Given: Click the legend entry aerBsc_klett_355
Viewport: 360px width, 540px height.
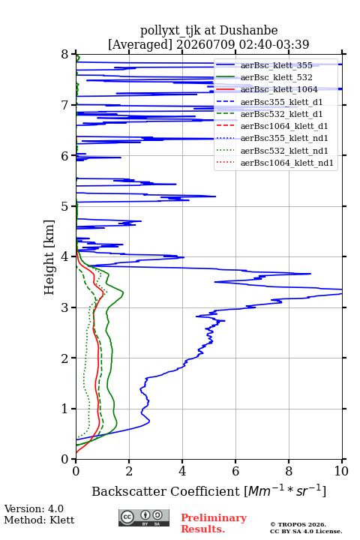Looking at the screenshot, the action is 276,65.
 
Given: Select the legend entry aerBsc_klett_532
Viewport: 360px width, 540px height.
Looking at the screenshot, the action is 276,77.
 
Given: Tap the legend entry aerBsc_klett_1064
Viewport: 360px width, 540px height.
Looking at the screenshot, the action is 279,89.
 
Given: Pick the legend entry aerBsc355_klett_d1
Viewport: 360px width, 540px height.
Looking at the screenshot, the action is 281,102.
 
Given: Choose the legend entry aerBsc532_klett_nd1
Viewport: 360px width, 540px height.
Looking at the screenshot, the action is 284,151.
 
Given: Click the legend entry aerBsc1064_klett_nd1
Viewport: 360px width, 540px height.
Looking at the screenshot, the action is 287,163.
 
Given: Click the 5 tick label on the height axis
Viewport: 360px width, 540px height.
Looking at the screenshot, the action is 65,206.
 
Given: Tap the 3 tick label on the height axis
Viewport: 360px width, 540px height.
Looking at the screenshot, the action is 65,307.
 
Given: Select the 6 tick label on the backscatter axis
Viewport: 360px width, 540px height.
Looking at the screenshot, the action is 235,471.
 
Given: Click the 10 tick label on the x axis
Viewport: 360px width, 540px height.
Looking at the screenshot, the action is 341,471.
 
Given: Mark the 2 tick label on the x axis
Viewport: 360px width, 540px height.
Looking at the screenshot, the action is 129,471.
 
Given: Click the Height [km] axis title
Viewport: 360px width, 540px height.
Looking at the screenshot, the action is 49,257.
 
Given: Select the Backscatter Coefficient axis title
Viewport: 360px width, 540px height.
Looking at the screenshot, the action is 208,491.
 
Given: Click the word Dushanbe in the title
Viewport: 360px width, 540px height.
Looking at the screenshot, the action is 248,31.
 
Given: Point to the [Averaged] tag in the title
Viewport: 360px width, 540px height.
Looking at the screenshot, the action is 140,44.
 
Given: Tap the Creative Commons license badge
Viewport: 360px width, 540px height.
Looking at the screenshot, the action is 144,517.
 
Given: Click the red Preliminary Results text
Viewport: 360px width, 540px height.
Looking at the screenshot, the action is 214,523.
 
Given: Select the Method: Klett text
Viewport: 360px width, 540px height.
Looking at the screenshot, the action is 39,520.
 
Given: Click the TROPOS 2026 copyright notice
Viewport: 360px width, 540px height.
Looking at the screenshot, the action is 298,524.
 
